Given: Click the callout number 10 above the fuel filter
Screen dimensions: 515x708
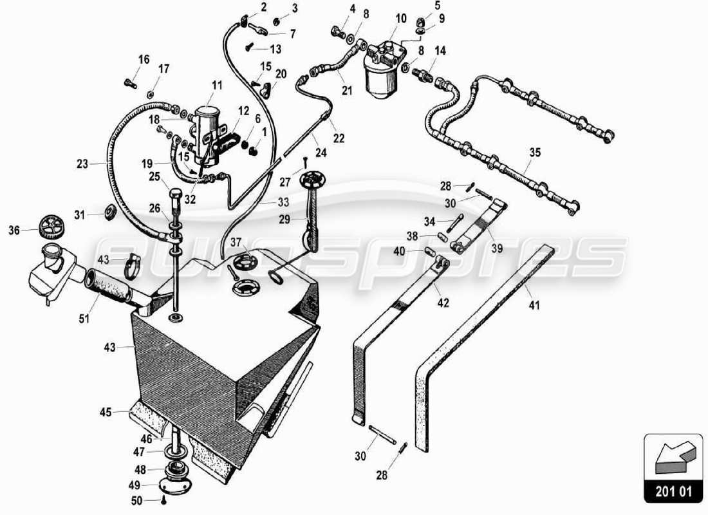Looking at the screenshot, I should [x=401, y=19].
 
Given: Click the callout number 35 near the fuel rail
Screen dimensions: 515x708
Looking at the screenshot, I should [x=535, y=153].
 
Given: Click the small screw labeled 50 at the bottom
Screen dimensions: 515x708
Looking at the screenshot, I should [x=165, y=500].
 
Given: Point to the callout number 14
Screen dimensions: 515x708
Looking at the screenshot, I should [x=440, y=51].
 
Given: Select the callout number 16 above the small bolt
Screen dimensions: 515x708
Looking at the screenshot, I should [x=144, y=60].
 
